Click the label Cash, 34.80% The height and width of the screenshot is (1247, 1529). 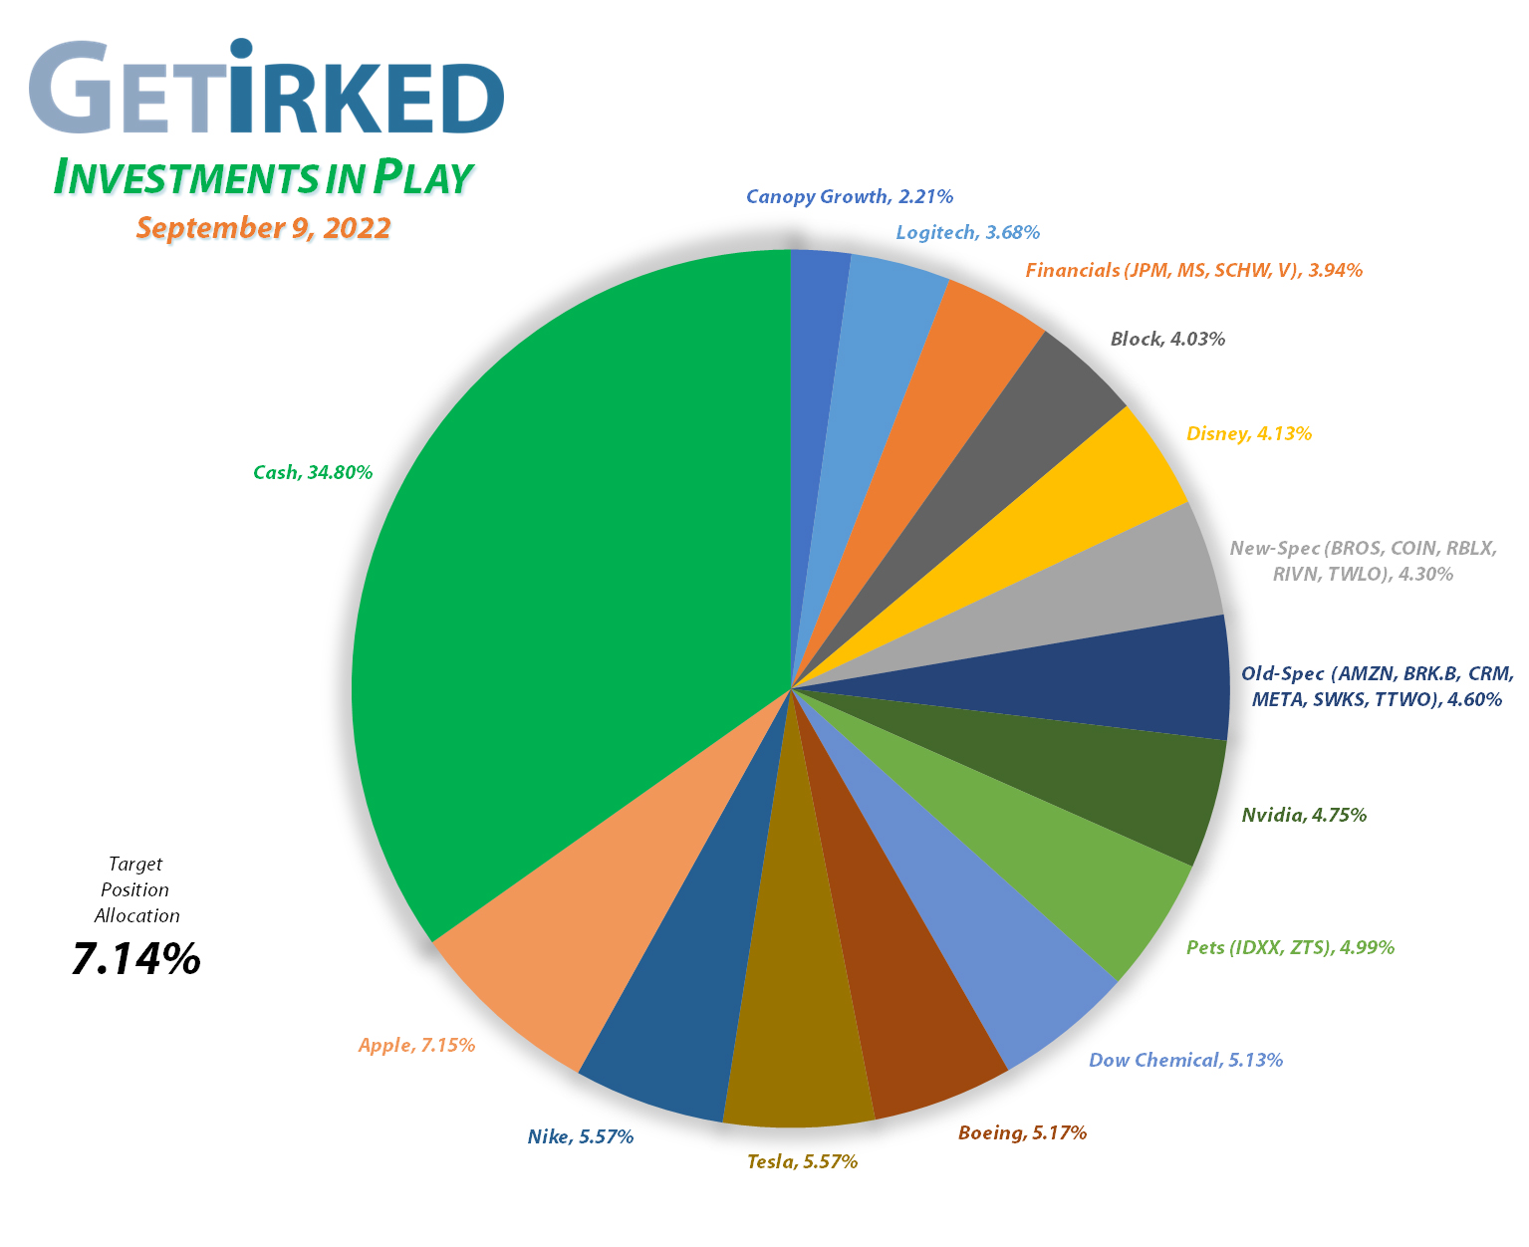tap(313, 472)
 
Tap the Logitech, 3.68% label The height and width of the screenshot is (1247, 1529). tap(967, 232)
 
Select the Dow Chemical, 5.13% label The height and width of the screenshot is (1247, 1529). tap(1185, 1060)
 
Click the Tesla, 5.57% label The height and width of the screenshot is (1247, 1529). tap(802, 1161)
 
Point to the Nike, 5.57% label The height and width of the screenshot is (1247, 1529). tap(580, 1136)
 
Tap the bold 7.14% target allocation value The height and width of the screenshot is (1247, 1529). tap(136, 959)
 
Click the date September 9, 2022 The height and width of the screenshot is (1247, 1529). tap(263, 228)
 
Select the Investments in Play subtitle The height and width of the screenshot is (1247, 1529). tap(261, 177)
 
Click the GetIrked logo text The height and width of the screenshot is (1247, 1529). tap(267, 90)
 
